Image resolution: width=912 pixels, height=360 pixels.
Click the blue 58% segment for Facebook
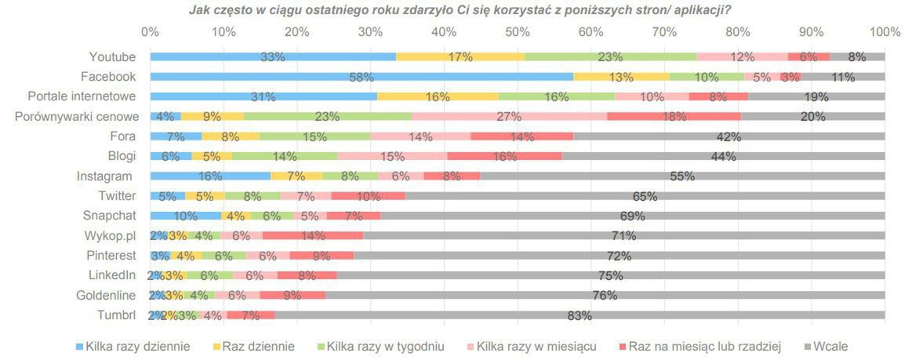362,77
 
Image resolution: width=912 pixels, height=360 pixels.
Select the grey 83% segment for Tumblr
580,315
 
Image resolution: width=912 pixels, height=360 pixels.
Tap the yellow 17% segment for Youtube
460,56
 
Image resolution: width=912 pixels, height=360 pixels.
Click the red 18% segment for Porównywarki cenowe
674,116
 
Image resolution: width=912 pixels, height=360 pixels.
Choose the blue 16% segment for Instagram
210,176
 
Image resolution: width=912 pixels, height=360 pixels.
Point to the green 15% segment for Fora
314,136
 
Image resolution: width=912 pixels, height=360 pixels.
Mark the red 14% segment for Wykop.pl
313,235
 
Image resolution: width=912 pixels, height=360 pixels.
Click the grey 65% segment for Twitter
645,196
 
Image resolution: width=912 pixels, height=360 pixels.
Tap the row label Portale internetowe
82,96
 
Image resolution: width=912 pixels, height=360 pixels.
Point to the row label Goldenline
106,296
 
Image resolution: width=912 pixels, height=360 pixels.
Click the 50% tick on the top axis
518,32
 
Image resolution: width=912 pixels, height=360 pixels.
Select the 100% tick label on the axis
885,32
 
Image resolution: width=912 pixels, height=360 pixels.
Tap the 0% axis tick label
150,32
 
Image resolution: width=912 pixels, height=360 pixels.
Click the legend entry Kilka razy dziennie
137,346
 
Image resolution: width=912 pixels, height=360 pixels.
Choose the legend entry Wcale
830,346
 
